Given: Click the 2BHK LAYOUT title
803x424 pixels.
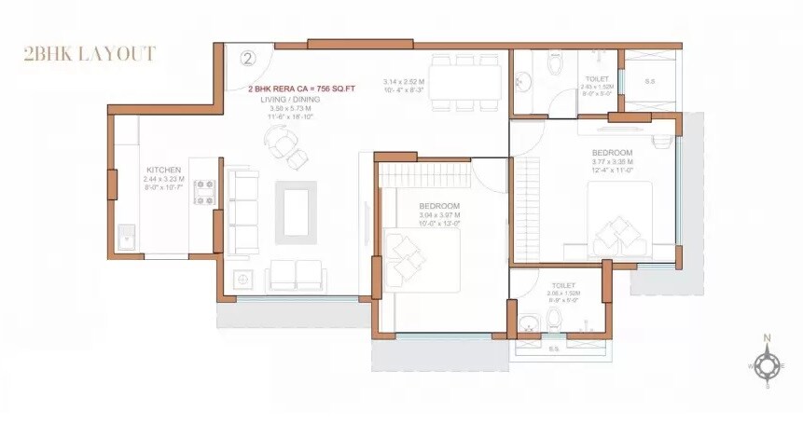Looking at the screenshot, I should coord(90,54).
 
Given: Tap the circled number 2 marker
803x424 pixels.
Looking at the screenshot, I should coord(247,58).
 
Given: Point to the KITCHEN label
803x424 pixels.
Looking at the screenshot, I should coord(162,170).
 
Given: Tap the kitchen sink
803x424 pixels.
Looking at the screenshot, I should coord(126,238).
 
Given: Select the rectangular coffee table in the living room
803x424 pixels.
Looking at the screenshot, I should coord(295,212).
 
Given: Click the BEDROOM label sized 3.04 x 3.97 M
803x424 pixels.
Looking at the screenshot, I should coord(437,206).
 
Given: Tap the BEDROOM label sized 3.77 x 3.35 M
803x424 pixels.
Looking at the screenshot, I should coord(612,152).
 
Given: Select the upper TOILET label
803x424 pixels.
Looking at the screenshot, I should coord(597,79).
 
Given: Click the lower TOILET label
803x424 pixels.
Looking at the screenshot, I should coord(563,285).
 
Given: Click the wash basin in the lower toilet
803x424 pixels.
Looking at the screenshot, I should coord(530,325).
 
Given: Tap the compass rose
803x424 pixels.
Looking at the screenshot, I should coord(767,366).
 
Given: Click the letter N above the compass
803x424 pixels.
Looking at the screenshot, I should coord(767,338).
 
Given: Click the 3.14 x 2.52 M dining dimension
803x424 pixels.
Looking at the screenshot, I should coord(404,82).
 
